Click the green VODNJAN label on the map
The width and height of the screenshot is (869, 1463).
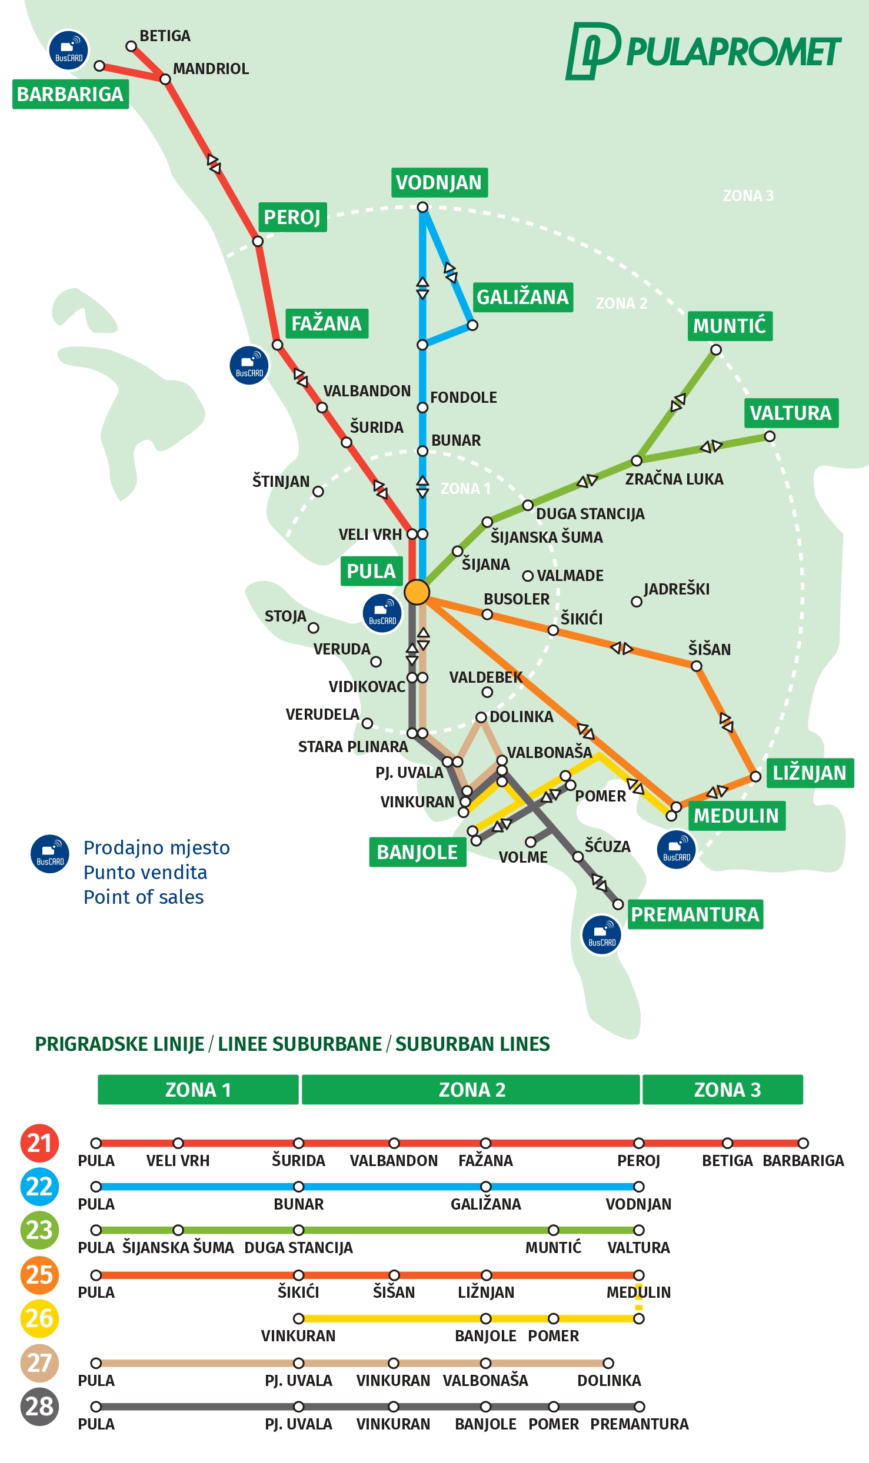pyautogui.click(x=439, y=183)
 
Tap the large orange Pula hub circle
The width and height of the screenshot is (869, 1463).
pyautogui.click(x=417, y=592)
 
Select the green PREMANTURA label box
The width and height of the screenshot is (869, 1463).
pyautogui.click(x=695, y=914)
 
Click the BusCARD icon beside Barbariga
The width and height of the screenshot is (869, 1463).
pyautogui.click(x=69, y=51)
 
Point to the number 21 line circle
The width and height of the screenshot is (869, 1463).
pyautogui.click(x=39, y=1143)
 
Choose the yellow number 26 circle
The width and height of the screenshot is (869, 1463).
pyautogui.click(x=39, y=1318)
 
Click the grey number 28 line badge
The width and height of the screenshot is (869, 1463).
pyautogui.click(x=39, y=1407)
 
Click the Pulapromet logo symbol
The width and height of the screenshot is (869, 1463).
pyautogui.click(x=592, y=51)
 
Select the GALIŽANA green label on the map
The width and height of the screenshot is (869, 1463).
pyautogui.click(x=522, y=297)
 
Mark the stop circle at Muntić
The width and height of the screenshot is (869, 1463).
pyautogui.click(x=715, y=350)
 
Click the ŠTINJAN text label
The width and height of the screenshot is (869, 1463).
pyautogui.click(x=281, y=482)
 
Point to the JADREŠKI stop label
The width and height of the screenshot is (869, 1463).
pyautogui.click(x=677, y=589)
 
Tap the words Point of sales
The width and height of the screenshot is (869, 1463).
pyautogui.click(x=144, y=897)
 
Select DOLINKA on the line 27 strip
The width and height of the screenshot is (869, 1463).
pyautogui.click(x=609, y=1381)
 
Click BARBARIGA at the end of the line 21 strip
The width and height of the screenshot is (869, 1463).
pyautogui.click(x=803, y=1161)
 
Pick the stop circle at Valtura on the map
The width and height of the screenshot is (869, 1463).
pyautogui.click(x=770, y=436)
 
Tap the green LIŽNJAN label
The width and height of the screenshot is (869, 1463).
pyautogui.click(x=810, y=773)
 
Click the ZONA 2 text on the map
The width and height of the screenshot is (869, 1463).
pyautogui.click(x=621, y=303)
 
